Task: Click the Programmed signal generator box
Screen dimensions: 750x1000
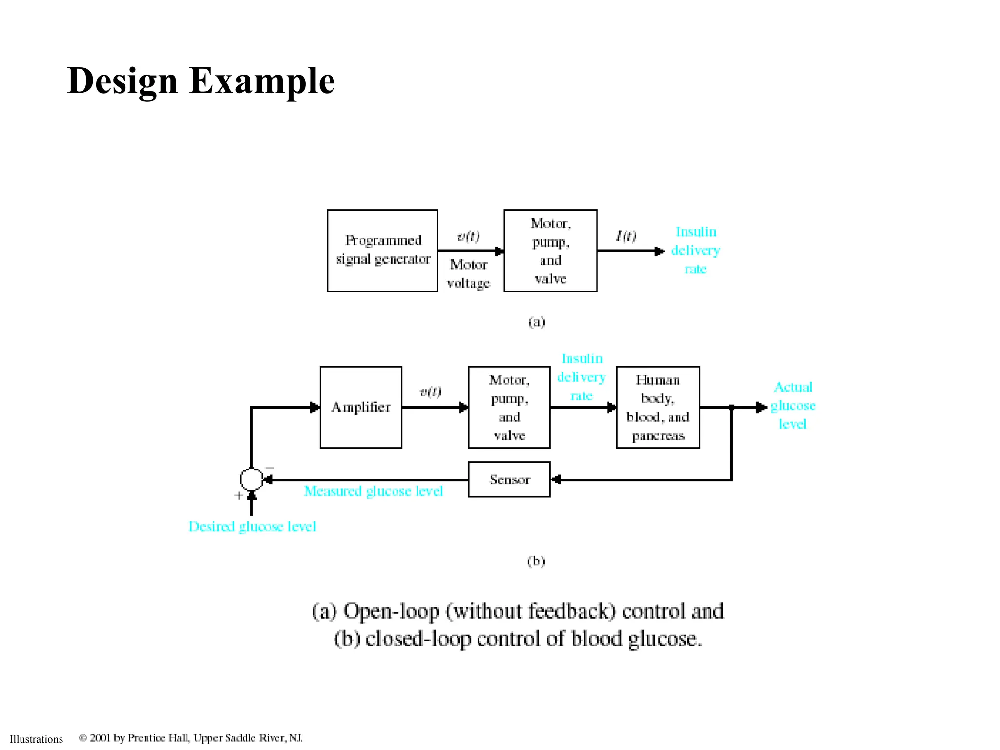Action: [382, 250]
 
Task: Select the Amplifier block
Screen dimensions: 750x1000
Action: [361, 407]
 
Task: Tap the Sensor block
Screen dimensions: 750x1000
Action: [509, 479]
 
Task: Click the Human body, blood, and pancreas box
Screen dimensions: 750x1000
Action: [658, 407]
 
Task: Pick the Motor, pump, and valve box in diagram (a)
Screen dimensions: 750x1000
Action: [550, 250]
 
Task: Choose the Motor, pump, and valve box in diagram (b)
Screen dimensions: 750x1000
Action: [509, 407]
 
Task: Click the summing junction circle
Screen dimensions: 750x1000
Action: [251, 479]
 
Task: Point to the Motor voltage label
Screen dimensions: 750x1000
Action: [468, 273]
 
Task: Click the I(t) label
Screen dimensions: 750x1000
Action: [625, 236]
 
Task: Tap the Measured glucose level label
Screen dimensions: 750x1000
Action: [374, 491]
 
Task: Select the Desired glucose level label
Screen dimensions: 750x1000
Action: [252, 527]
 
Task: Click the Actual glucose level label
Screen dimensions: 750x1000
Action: [793, 406]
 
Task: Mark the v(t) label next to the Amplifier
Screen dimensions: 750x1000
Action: [430, 392]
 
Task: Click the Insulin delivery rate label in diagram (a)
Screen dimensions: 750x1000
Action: [696, 250]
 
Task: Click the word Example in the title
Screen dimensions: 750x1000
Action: [262, 81]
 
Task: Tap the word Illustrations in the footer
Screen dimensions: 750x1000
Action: [36, 739]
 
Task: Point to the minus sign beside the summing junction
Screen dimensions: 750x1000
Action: [270, 468]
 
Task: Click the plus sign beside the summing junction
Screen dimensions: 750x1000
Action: [238, 496]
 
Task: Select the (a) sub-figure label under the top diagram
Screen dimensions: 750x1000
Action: [537, 322]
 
